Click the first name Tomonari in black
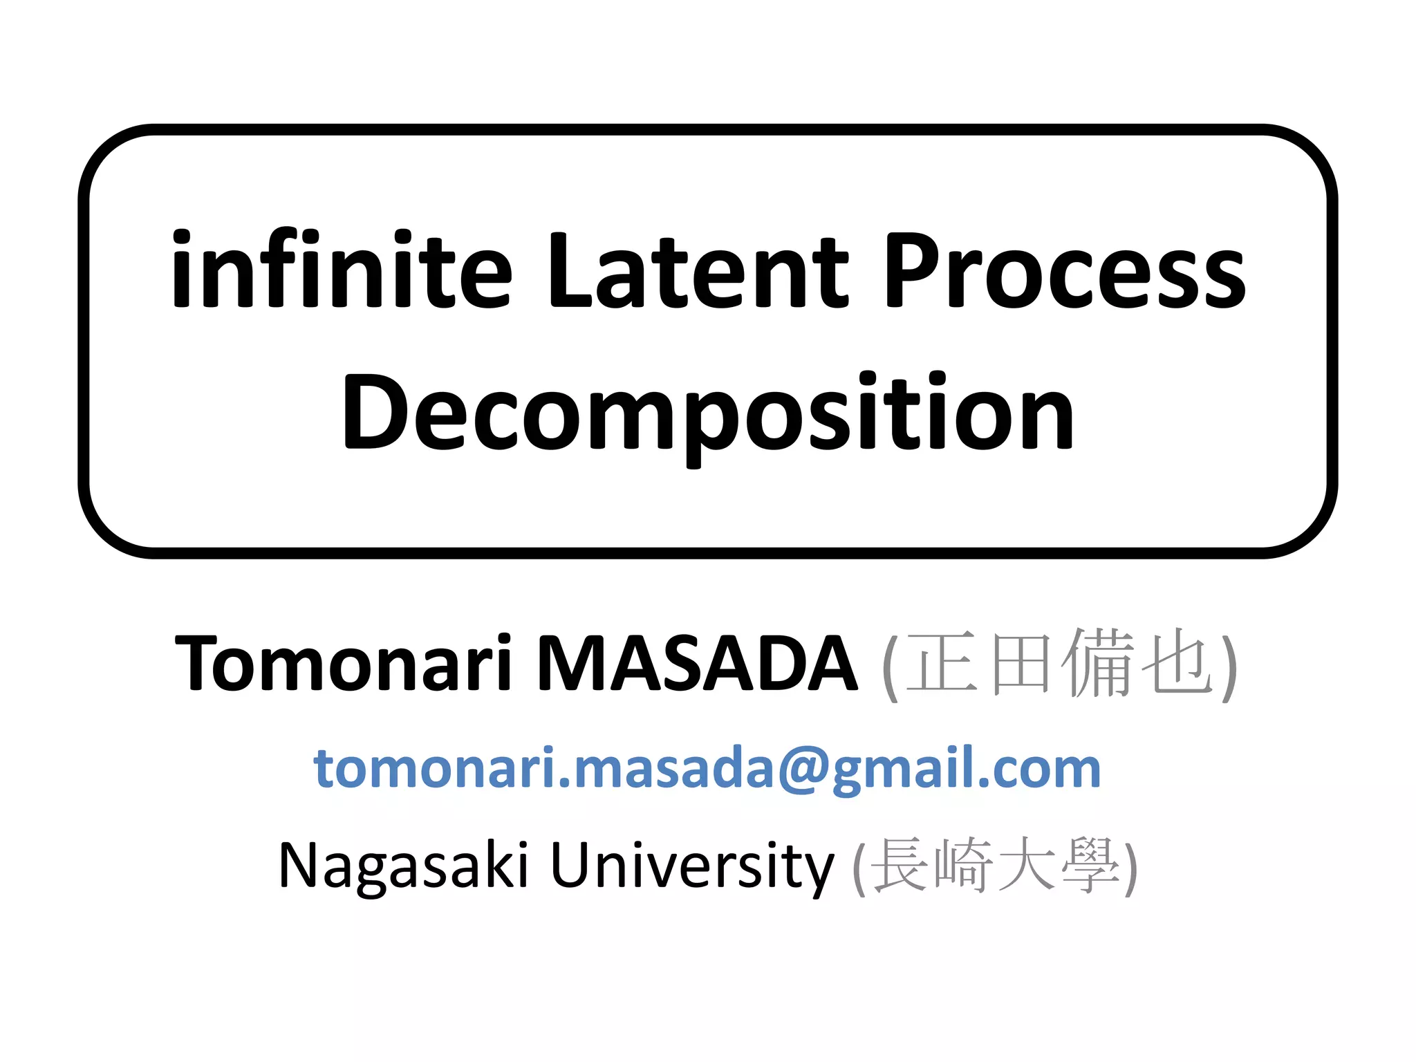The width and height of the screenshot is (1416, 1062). point(344,664)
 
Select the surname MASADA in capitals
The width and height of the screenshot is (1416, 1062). point(697,664)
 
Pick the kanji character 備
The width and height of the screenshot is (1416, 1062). point(1098,664)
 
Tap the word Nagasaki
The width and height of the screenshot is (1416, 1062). point(404,866)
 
